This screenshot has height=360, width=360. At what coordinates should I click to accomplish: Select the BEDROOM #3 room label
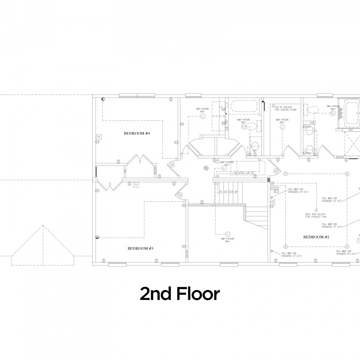click(141, 248)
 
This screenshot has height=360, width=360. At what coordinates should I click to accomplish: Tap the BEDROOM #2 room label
click(316, 237)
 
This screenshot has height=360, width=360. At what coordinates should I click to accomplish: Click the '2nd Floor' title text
click(180, 294)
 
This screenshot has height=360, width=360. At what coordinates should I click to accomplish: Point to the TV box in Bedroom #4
click(99, 137)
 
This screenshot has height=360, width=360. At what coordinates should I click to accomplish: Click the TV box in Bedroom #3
click(136, 185)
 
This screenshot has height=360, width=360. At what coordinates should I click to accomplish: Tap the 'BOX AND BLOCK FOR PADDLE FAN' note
click(316, 216)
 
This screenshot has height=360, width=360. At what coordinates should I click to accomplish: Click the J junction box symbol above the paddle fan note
click(316, 210)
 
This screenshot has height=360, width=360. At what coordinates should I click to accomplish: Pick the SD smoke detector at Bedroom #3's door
click(180, 195)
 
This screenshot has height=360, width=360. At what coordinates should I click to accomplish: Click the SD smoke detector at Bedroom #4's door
click(172, 165)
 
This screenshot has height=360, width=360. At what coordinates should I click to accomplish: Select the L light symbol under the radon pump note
click(282, 127)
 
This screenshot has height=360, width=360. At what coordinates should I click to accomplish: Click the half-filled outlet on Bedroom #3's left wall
click(97, 237)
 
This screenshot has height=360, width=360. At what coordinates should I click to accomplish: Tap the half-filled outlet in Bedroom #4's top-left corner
click(103, 99)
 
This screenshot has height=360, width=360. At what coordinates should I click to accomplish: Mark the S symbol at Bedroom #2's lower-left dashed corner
click(285, 246)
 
